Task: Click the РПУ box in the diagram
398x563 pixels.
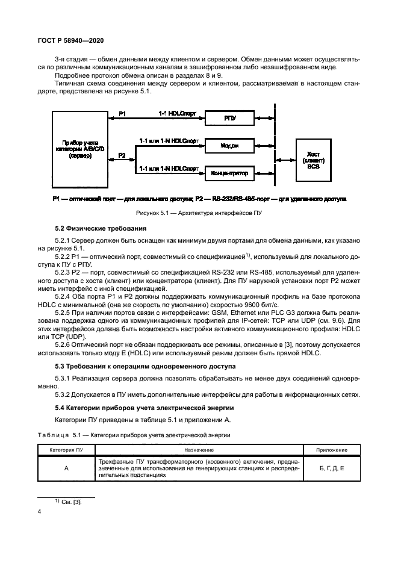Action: (229, 119)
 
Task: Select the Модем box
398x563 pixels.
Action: (229, 145)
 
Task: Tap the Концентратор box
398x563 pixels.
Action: (229, 173)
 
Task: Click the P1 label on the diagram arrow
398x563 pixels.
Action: (122, 114)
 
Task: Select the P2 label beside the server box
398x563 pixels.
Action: (122, 155)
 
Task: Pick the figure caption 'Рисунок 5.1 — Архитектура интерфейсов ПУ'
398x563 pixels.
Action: (199, 214)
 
